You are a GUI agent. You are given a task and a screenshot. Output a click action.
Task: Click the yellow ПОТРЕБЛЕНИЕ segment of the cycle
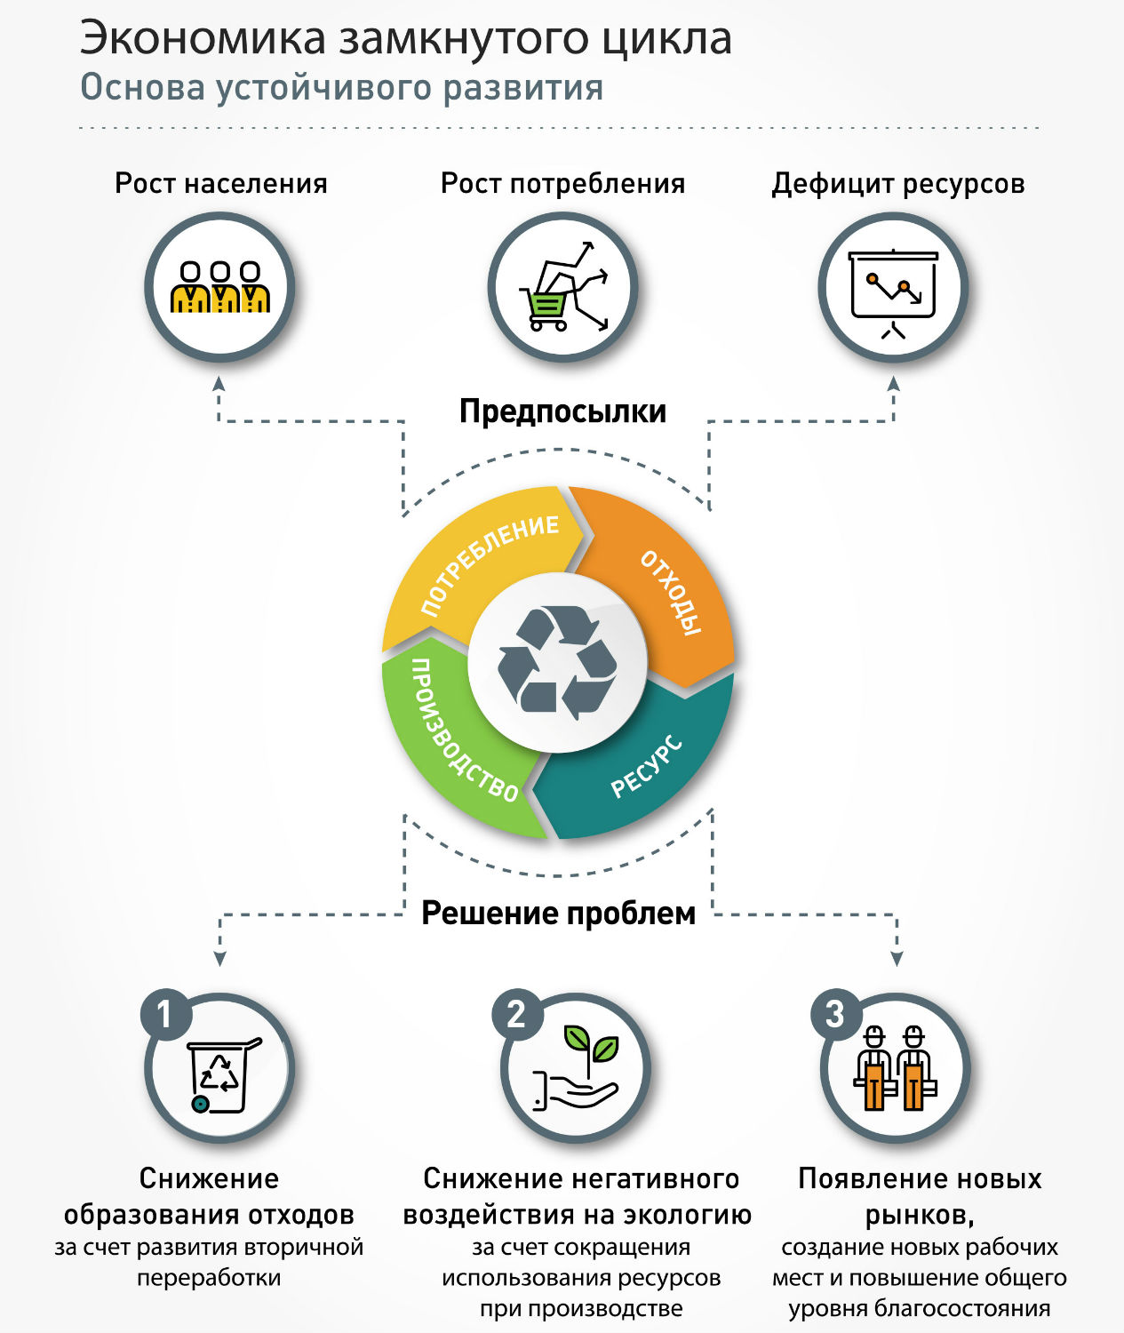click(471, 569)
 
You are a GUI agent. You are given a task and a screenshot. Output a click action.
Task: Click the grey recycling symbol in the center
click(557, 661)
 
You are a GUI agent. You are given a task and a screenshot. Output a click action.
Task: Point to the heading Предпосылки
click(562, 411)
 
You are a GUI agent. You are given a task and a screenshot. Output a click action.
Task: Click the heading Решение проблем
click(558, 914)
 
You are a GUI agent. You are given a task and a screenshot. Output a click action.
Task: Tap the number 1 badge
click(164, 1014)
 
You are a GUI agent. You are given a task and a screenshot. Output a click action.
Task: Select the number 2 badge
click(516, 1014)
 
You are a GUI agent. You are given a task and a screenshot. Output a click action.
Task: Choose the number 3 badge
click(834, 1014)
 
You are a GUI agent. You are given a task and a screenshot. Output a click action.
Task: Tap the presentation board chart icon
click(893, 289)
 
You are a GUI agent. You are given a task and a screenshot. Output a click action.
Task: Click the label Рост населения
click(221, 184)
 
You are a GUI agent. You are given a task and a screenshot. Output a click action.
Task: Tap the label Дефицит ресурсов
click(897, 184)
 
